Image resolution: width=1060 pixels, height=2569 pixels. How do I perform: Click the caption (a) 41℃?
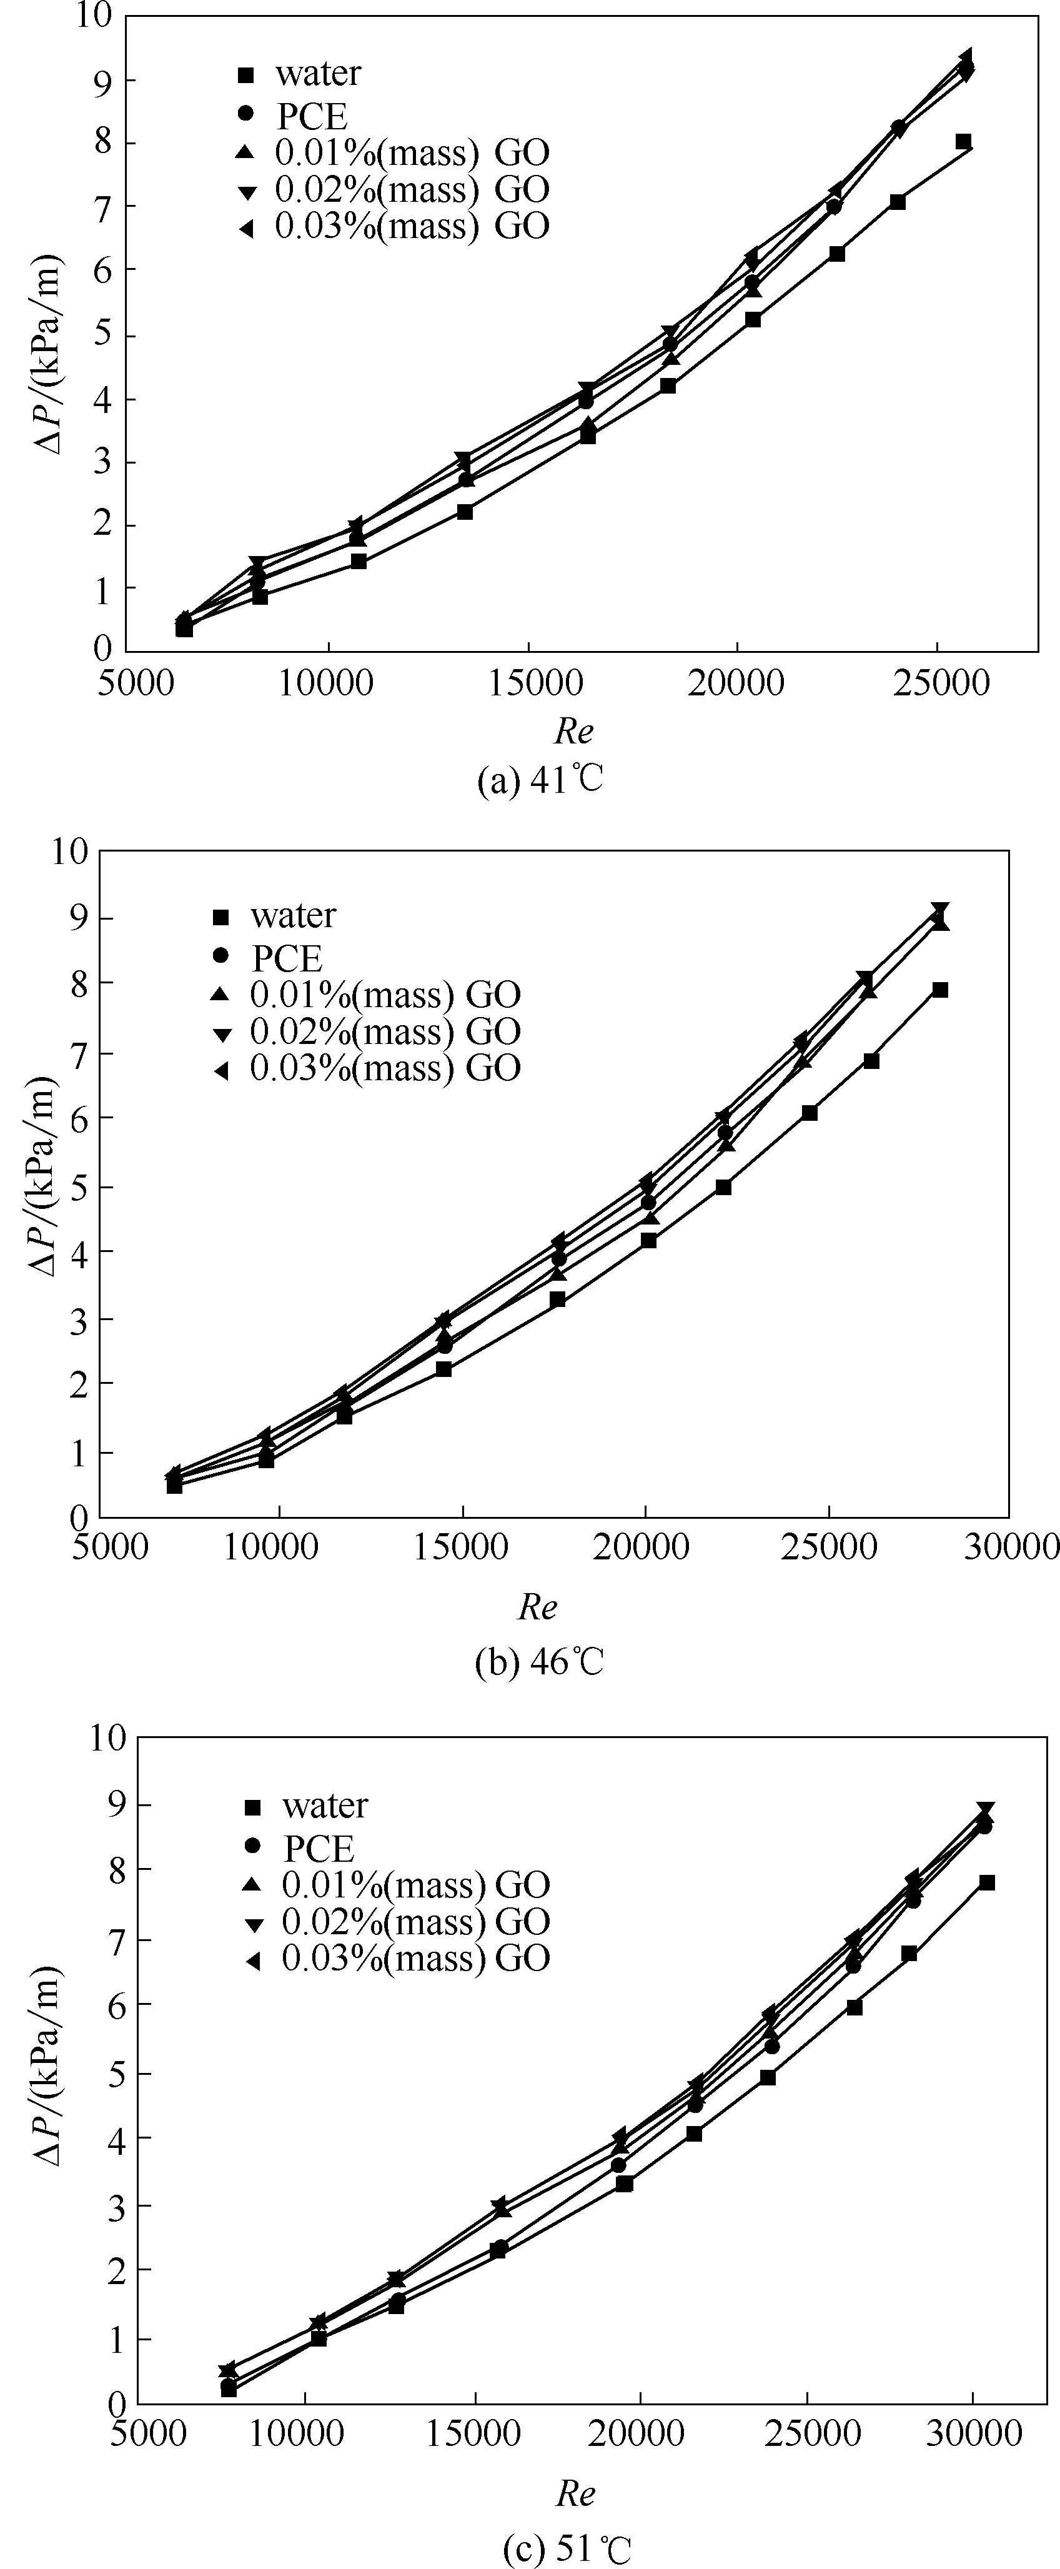[x=540, y=780]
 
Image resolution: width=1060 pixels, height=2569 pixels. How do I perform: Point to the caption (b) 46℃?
[x=540, y=1662]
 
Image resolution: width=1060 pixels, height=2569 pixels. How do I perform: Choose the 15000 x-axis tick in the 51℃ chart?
[x=473, y=2433]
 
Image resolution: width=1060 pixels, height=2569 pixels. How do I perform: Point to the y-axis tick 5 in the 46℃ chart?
[x=78, y=1187]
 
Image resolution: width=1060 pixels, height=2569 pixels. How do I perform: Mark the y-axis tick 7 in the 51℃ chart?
[x=116, y=1940]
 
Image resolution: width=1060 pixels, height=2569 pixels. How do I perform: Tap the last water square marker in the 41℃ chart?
[x=963, y=142]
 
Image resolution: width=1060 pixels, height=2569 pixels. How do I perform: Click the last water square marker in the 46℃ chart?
[x=939, y=990]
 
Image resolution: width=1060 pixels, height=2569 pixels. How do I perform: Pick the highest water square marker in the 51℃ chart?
[x=986, y=1882]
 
